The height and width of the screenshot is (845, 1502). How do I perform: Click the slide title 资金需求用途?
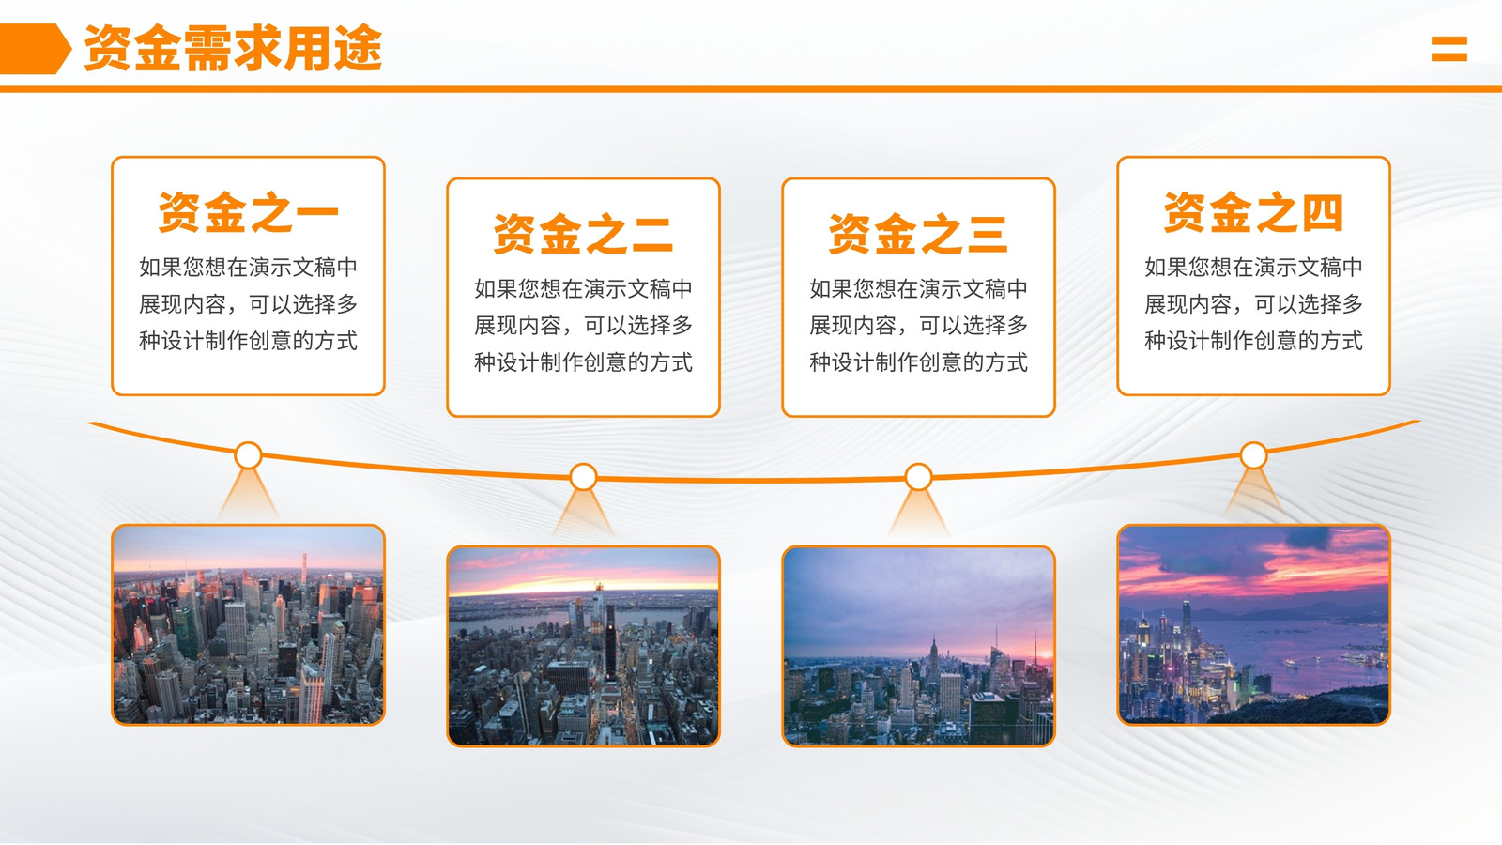tap(233, 48)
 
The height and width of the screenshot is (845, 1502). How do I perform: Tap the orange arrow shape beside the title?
tap(35, 48)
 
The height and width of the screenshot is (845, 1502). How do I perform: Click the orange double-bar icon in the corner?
tap(1449, 49)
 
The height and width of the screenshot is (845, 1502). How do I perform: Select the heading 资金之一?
tap(248, 212)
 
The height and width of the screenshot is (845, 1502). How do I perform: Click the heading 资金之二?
tap(583, 234)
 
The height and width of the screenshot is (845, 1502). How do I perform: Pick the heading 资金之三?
tap(919, 234)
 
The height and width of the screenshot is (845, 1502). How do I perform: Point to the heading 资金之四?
tap(1253, 212)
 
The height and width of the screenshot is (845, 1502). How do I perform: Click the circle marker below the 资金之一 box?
tap(248, 455)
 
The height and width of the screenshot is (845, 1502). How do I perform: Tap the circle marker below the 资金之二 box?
tap(583, 477)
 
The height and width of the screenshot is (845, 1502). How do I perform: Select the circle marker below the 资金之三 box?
tap(919, 477)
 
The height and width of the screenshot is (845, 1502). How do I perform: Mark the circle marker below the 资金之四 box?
tap(1253, 455)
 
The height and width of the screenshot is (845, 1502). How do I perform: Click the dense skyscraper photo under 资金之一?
tap(248, 625)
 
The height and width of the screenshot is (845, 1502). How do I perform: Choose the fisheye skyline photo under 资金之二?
tap(583, 647)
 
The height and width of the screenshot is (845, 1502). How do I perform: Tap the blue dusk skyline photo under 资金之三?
tap(919, 647)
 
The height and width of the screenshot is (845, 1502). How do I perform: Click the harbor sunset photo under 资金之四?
tap(1253, 625)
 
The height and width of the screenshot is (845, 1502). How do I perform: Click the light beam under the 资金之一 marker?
tap(248, 493)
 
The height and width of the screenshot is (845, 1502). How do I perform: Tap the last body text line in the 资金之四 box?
tap(1253, 341)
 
